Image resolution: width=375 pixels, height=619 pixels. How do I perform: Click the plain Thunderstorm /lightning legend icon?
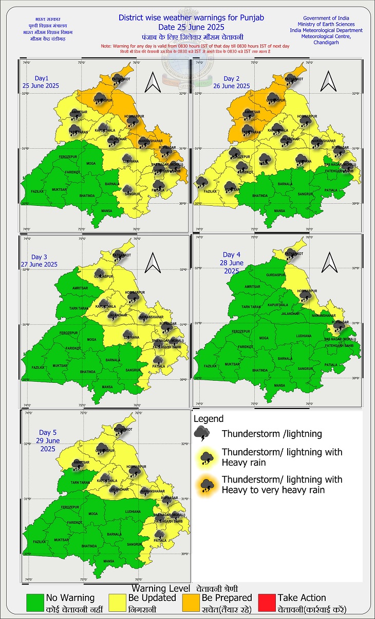(x=201, y=434)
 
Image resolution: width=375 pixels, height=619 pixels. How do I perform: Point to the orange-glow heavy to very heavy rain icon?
(x=207, y=485)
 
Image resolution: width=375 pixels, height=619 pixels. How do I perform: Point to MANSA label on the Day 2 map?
(x=279, y=211)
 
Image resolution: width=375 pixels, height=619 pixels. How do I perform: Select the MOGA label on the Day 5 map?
(x=92, y=514)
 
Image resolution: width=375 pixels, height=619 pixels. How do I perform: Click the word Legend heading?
(x=209, y=419)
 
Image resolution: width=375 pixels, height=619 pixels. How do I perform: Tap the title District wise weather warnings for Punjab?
(x=191, y=17)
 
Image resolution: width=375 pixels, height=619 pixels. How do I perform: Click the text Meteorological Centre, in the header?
(x=330, y=36)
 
